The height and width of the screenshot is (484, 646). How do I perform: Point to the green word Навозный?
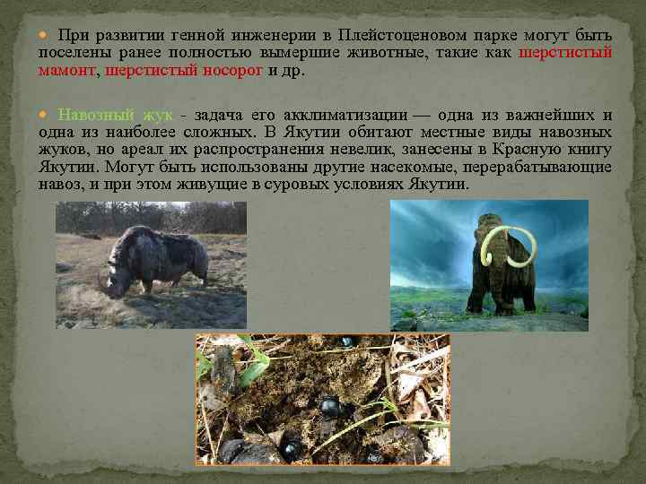(96, 115)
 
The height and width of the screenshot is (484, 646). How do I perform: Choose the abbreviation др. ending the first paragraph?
(292, 70)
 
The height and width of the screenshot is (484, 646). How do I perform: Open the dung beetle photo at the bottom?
(322, 398)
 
